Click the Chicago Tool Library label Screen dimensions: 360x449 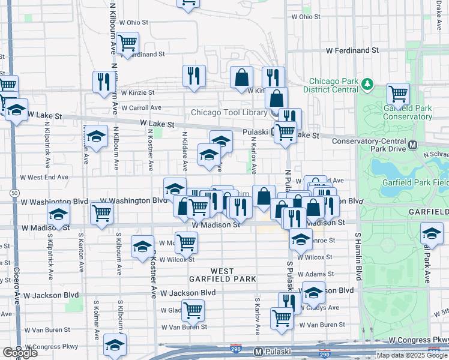pos(228,112)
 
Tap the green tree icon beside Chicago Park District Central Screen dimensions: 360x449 pos(367,86)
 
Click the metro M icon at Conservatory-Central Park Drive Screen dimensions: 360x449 pos(413,145)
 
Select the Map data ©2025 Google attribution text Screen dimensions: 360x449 pos(412,355)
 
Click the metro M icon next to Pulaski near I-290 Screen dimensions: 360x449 pos(258,352)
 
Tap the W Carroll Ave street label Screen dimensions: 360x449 pos(141,108)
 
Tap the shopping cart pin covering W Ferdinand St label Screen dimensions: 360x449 pos(127,43)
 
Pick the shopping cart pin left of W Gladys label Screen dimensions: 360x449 pos(193,310)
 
